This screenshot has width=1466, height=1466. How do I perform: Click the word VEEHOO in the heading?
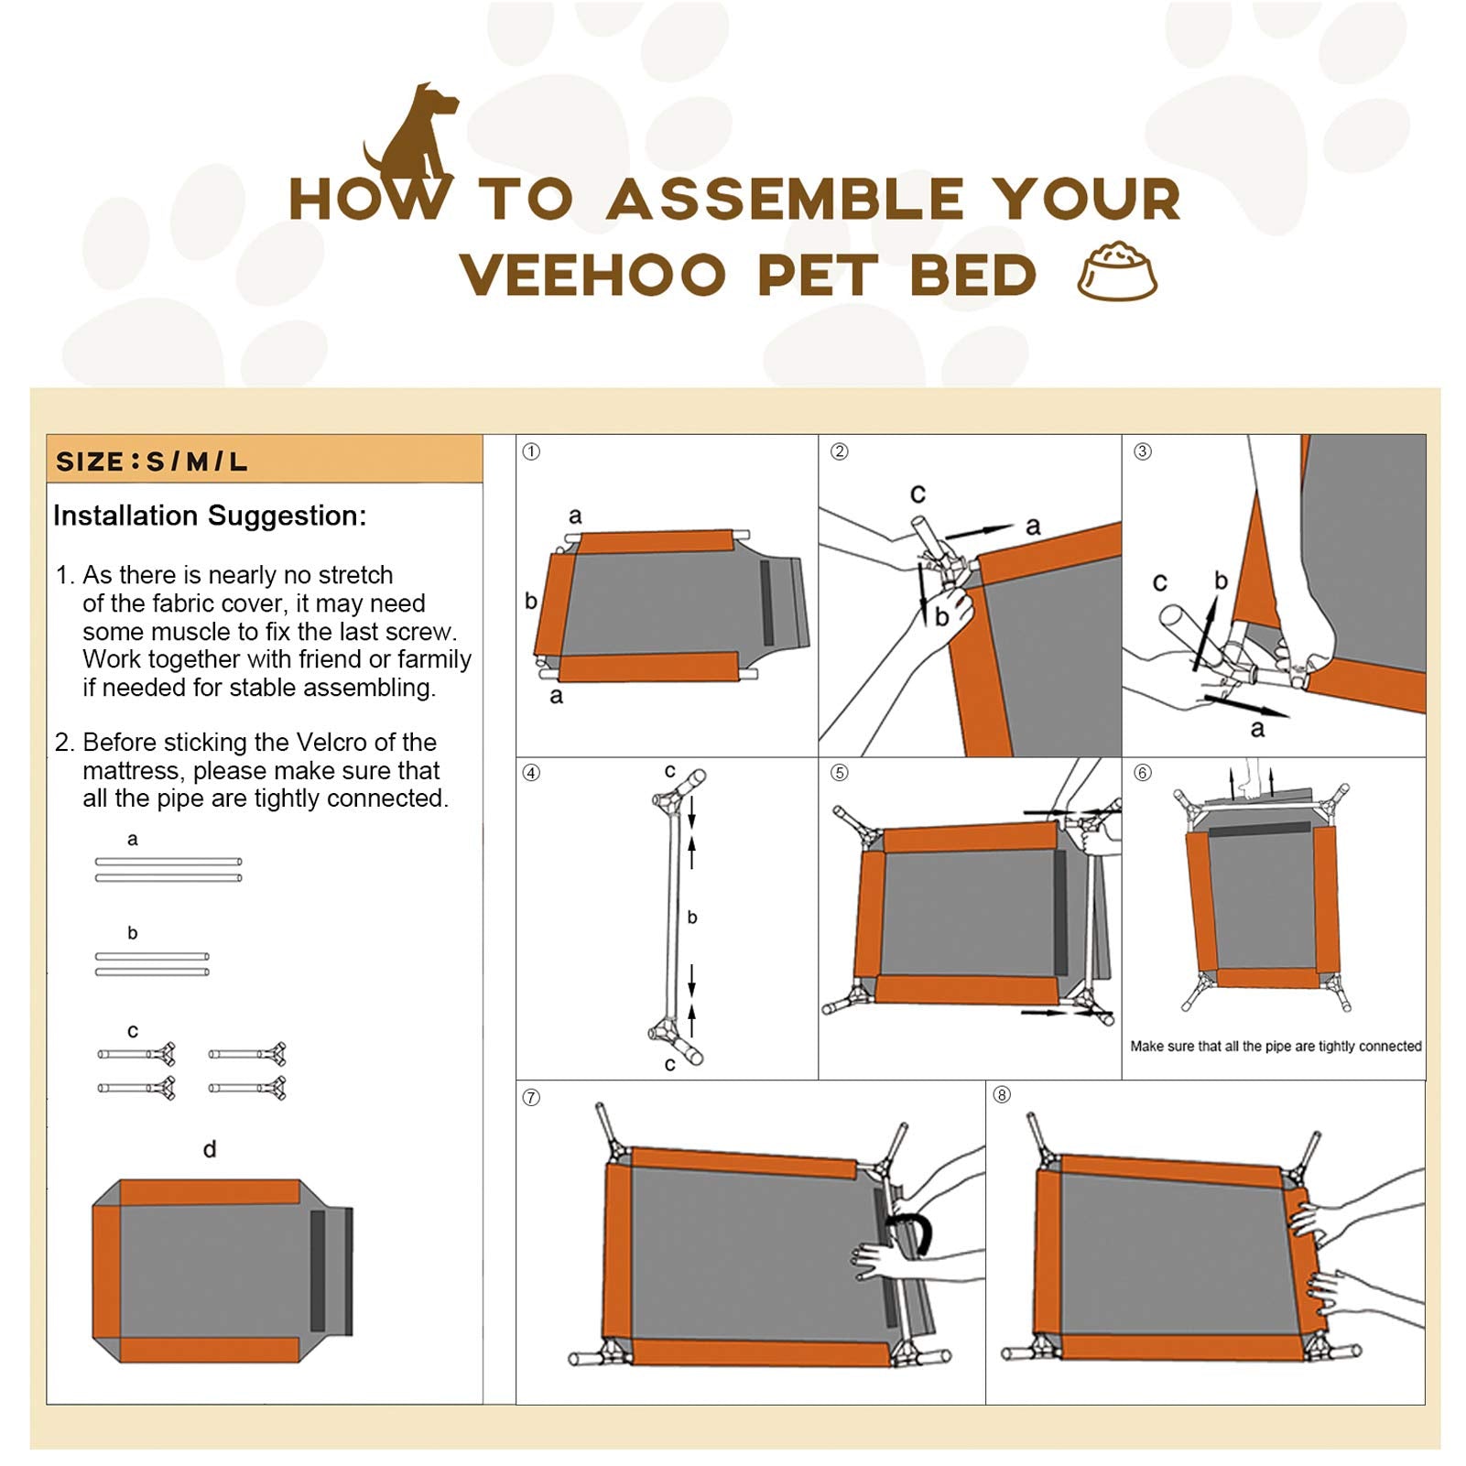pos(593,275)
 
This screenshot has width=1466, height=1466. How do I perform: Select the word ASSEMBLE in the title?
pos(785,200)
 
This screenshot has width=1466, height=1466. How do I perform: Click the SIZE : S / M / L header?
pos(152,462)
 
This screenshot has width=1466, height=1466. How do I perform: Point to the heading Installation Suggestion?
pos(210,516)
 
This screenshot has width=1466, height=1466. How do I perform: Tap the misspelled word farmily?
pos(432,659)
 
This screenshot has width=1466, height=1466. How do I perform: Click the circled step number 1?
pos(531,451)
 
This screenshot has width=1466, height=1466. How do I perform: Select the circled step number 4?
pos(531,773)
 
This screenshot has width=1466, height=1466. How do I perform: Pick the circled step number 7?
pos(531,1097)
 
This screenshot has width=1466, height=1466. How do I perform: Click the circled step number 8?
pos(1002,1095)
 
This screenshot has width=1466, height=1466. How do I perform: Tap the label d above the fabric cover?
pos(210,1150)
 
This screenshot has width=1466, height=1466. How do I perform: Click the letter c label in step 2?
pos(918,494)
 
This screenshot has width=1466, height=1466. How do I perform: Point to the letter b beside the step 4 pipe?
pos(692,918)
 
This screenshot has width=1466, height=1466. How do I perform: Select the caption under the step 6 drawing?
pos(1276,1046)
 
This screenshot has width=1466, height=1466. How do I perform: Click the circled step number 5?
pos(839,773)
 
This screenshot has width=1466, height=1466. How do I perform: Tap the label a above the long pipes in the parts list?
pos(133,839)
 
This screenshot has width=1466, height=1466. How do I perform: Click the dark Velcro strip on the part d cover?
pos(318,1270)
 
